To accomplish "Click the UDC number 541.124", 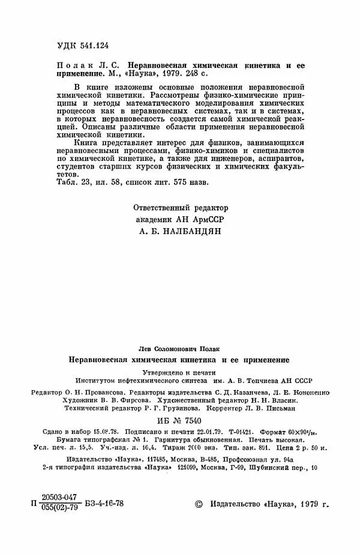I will coord(90,45).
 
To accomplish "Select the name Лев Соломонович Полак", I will coord(179,349).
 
